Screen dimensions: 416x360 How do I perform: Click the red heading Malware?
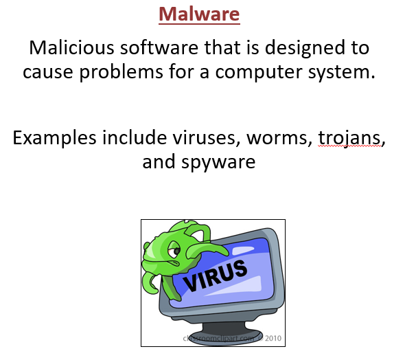coord(199,14)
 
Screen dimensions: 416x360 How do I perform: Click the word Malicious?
coord(71,48)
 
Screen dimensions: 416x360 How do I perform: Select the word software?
coord(159,48)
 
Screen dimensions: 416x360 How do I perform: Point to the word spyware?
coord(218,162)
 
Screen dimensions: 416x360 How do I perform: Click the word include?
coord(135,138)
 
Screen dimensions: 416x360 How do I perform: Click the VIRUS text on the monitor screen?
coord(216,275)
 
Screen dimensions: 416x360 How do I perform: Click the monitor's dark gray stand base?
coord(227,334)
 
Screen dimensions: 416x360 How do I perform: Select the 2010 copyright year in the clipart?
coord(273,338)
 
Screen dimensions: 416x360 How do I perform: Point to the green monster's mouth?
coord(174,263)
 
